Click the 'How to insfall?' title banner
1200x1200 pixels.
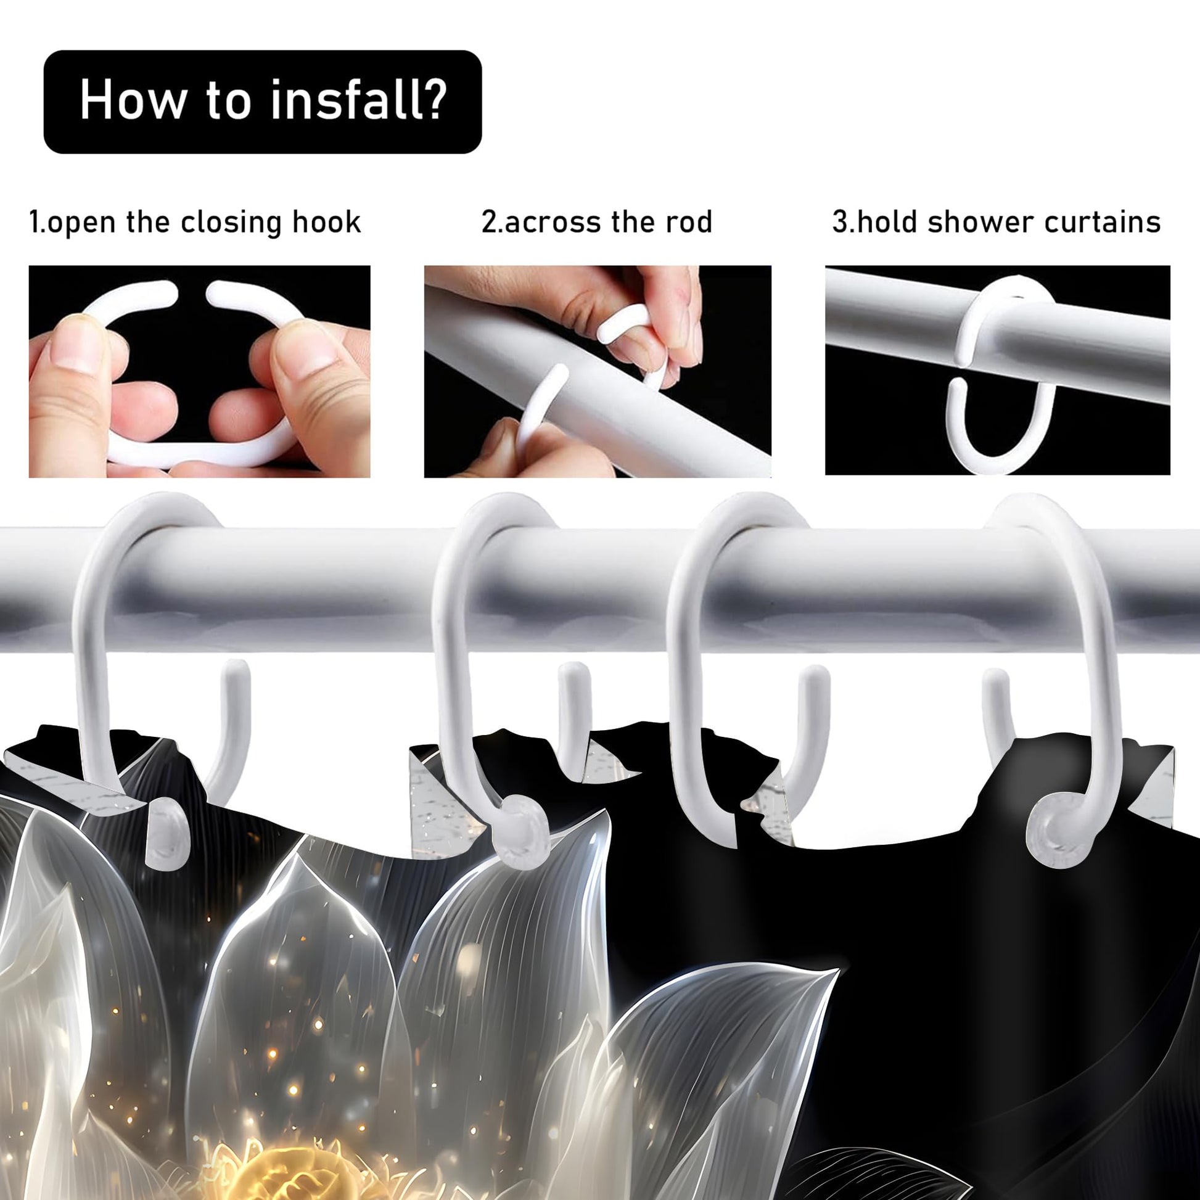point(262,102)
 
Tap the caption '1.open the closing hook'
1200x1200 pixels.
point(195,223)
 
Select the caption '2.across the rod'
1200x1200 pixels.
point(597,222)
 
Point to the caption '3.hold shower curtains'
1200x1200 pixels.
point(997,222)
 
